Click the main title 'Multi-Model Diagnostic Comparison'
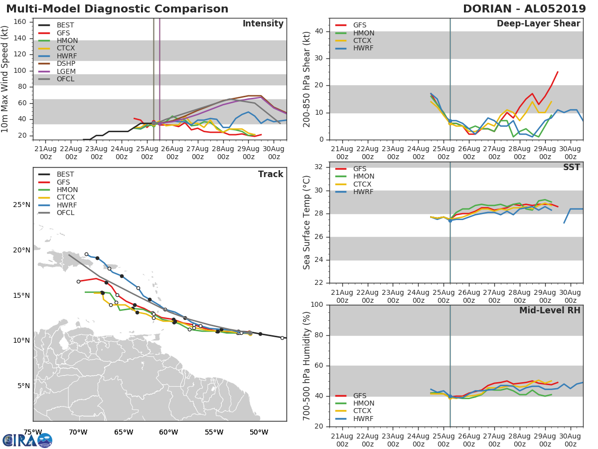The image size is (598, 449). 117,9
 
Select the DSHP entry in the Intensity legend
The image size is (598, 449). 66,63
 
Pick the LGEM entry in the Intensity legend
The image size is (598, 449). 66,71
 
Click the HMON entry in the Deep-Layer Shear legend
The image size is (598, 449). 363,33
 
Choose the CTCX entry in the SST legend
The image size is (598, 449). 363,184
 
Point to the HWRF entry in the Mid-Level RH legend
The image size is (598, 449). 363,419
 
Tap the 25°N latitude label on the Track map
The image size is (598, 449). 21,205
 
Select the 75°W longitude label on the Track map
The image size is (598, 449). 33,432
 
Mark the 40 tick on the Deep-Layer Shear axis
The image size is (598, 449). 320,31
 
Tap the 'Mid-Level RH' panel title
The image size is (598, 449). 550,311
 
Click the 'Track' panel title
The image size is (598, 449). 271,174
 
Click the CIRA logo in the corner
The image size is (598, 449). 27,440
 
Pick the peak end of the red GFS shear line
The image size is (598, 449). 557,72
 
